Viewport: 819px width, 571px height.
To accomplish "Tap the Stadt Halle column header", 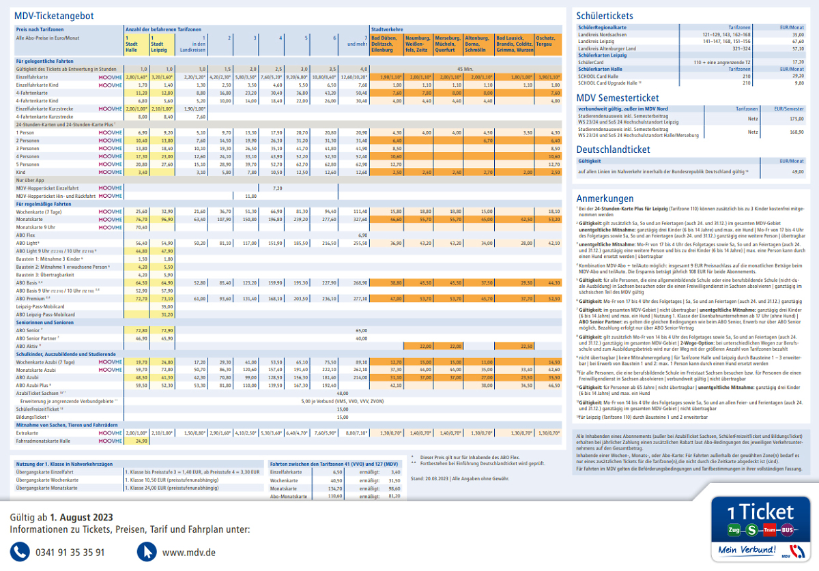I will click(x=132, y=46).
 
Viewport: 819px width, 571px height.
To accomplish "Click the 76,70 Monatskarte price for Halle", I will click(x=141, y=220).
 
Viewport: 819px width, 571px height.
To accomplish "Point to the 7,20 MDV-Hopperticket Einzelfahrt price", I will click(x=277, y=188).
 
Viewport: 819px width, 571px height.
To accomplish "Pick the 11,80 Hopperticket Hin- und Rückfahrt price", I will click(x=250, y=196).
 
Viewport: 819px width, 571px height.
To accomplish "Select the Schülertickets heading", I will click(x=604, y=16).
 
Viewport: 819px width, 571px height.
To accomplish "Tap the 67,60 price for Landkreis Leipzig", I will click(x=797, y=41).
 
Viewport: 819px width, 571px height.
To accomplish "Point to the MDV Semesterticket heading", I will click(x=618, y=98).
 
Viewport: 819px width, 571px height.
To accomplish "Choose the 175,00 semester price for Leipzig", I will click(x=797, y=119).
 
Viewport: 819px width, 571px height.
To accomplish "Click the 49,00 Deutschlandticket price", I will click(x=797, y=172).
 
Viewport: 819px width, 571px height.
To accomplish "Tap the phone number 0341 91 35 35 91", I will click(x=70, y=552).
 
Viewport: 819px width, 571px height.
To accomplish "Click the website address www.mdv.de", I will click(x=189, y=552).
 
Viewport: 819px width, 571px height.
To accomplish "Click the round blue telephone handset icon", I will click(x=21, y=551).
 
